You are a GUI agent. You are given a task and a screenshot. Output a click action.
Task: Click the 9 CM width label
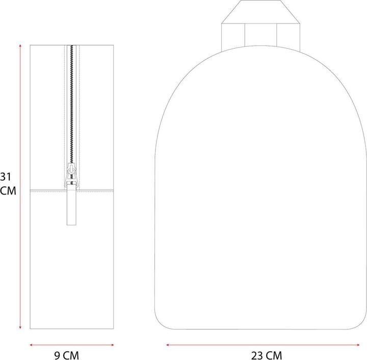click(67, 355)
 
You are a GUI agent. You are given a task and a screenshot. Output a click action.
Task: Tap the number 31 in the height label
click(6, 177)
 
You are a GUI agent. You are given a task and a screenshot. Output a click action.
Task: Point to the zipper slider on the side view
click(71, 178)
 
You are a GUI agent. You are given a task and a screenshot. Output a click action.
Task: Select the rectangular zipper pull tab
click(71, 206)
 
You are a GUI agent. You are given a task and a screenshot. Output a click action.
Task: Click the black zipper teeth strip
click(72, 102)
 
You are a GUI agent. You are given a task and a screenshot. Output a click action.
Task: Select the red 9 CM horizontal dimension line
click(71, 344)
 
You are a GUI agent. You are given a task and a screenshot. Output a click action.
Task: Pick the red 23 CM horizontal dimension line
click(260, 345)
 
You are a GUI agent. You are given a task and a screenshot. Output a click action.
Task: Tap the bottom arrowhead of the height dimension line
click(20, 328)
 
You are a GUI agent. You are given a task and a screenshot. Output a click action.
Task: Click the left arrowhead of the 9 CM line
click(32, 344)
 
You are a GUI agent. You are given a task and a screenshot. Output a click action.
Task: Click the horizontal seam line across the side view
click(92, 190)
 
